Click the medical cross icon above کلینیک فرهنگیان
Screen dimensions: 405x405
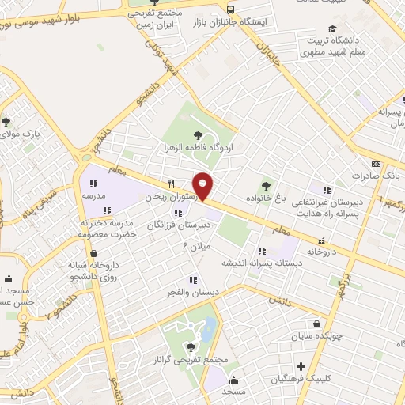[x=301, y=367]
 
